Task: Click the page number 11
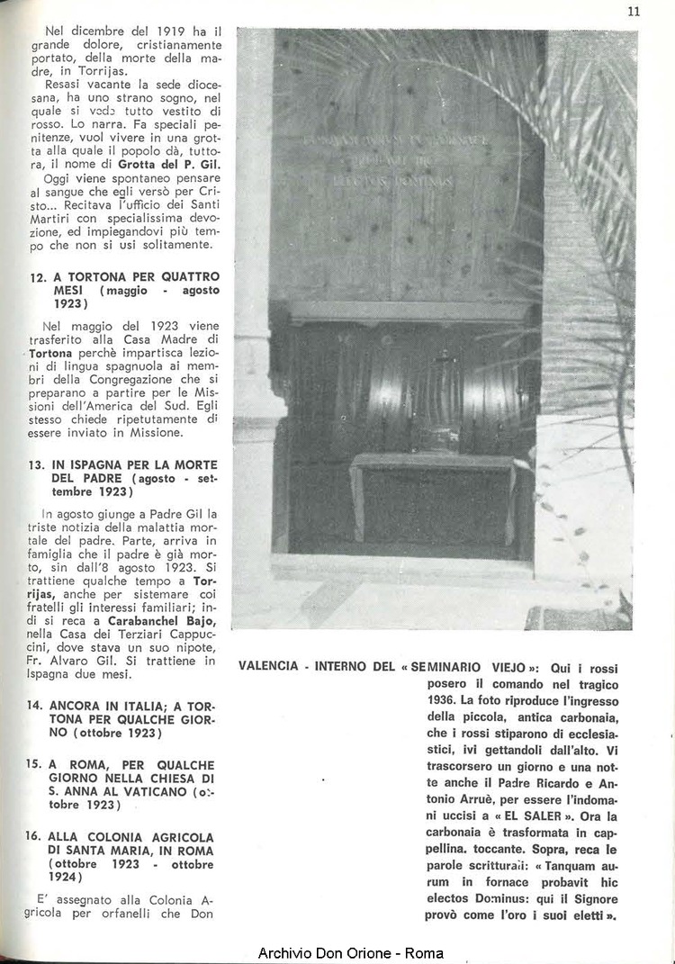[x=634, y=12]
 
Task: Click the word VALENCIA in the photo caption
[x=272, y=667]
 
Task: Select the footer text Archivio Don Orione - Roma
[x=350, y=953]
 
